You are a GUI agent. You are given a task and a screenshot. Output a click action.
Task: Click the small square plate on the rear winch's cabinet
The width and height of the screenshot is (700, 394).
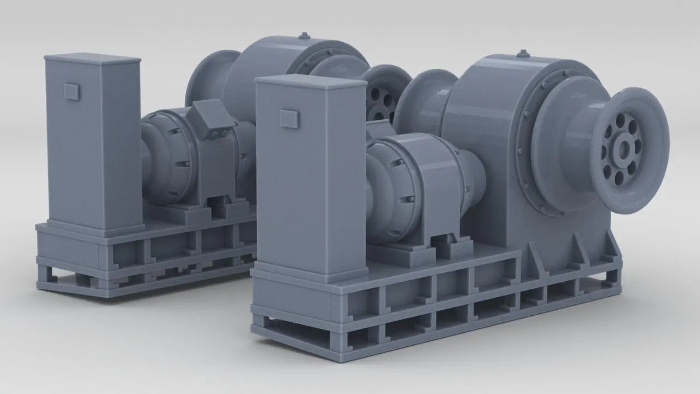[x=72, y=91]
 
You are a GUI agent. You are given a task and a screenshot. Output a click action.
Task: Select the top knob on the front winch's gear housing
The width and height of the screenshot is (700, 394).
[x=523, y=54]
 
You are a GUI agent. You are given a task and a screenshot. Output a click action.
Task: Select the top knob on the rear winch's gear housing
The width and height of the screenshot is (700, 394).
[x=305, y=36]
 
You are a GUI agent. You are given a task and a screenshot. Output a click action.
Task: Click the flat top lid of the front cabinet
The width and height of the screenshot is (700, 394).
[x=310, y=82]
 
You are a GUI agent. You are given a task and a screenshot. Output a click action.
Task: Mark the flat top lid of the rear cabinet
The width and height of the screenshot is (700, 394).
[x=93, y=57]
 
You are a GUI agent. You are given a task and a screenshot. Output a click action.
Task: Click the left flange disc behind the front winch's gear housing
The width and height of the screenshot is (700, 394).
[x=421, y=101]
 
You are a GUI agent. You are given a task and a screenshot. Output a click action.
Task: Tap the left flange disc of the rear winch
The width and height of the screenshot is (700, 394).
[x=211, y=77]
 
